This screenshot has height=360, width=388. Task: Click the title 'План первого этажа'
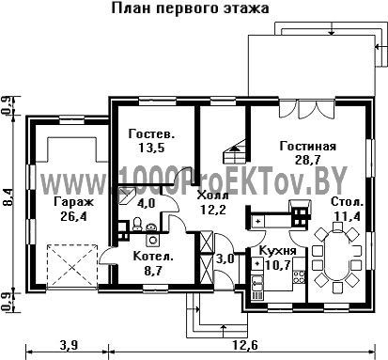click(190, 8)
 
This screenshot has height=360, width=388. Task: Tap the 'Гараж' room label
click(73, 202)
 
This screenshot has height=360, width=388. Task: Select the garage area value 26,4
click(74, 216)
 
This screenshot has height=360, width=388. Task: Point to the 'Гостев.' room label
click(151, 133)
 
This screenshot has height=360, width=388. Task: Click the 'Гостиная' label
click(308, 146)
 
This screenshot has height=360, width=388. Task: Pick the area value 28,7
click(308, 160)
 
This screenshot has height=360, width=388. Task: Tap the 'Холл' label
click(213, 196)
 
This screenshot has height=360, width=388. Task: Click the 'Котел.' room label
click(153, 257)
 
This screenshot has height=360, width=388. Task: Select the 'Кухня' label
click(278, 251)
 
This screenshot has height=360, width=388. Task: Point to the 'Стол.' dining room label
click(348, 202)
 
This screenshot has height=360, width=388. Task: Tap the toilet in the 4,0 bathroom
click(137, 225)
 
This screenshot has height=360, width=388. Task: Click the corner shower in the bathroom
click(127, 196)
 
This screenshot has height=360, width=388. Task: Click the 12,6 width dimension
click(245, 346)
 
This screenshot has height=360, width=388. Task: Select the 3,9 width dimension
click(69, 346)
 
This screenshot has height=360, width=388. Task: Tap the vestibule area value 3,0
click(225, 258)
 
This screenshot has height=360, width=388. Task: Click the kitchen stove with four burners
click(299, 276)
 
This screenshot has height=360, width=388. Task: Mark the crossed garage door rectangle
click(72, 266)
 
